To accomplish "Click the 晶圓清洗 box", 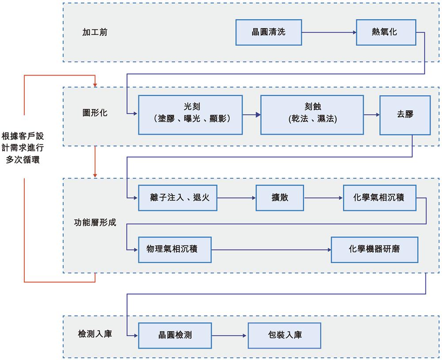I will (x=269, y=32).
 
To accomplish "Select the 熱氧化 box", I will (x=386, y=32).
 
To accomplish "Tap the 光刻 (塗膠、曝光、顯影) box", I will (x=191, y=114).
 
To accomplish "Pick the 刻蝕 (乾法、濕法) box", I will (x=312, y=114).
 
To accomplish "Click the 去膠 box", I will (x=405, y=114).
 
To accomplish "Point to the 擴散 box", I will (x=280, y=197).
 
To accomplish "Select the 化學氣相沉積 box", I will (x=380, y=197).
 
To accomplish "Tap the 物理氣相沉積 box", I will (x=174, y=250).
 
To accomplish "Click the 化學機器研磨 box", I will (x=374, y=250).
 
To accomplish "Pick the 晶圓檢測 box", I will (x=175, y=335).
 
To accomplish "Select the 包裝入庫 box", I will (x=284, y=335).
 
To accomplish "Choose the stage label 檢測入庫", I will (x=95, y=334).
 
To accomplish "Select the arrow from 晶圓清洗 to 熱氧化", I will (x=329, y=32).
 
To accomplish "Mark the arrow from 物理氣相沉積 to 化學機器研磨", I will (x=271, y=250).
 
